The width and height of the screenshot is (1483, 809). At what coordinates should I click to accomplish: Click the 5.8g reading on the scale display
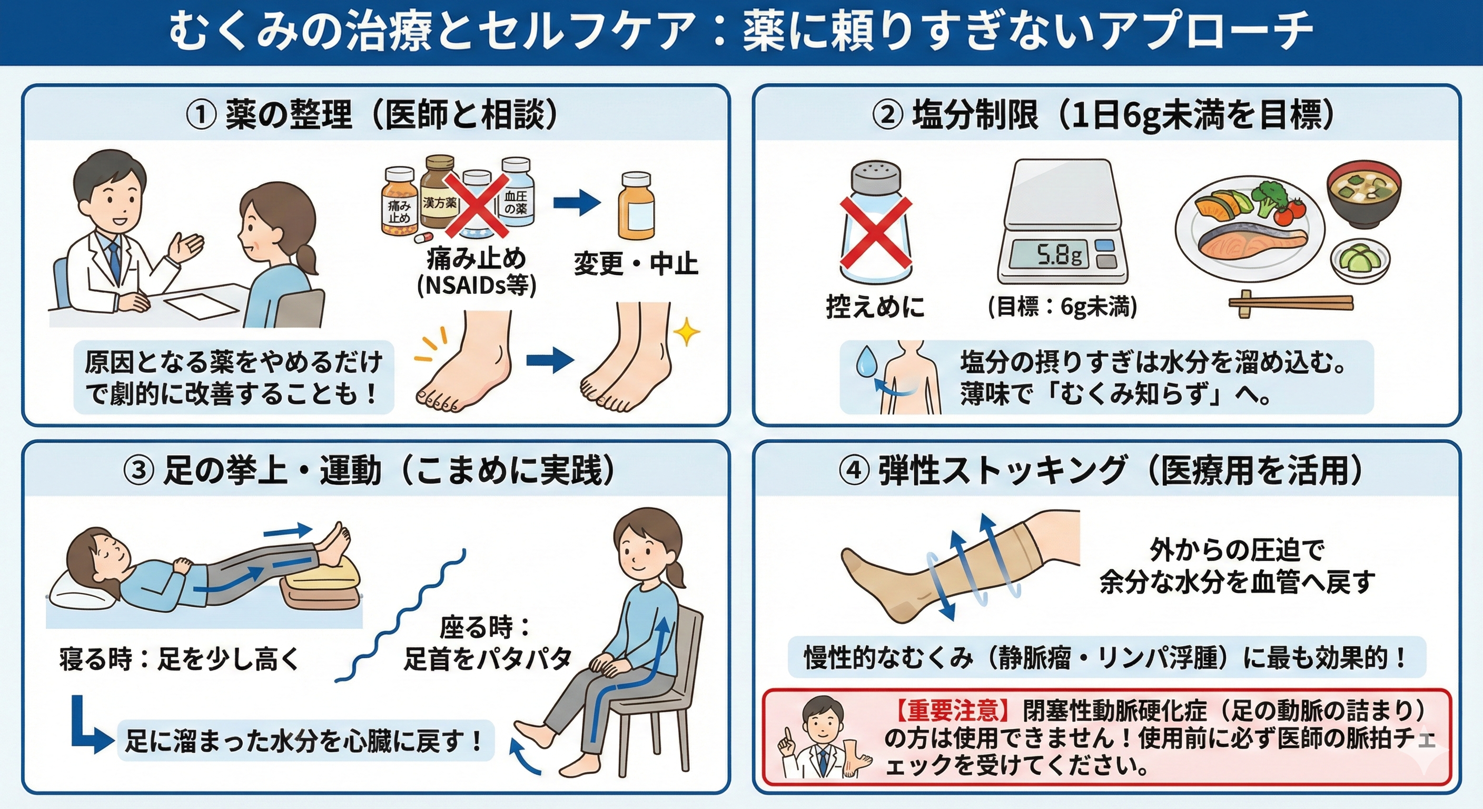pyautogui.click(x=1059, y=254)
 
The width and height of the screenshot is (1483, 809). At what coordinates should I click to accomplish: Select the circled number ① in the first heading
pyautogui.click(x=201, y=116)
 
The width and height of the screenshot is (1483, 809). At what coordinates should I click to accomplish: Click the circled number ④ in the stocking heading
pyautogui.click(x=854, y=471)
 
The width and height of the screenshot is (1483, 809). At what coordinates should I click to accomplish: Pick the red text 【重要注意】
pyautogui.click(x=953, y=712)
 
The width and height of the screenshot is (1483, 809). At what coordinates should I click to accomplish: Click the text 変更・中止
pyautogui.click(x=636, y=264)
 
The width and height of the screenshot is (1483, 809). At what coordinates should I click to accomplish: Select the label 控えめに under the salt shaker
pyautogui.click(x=875, y=307)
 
